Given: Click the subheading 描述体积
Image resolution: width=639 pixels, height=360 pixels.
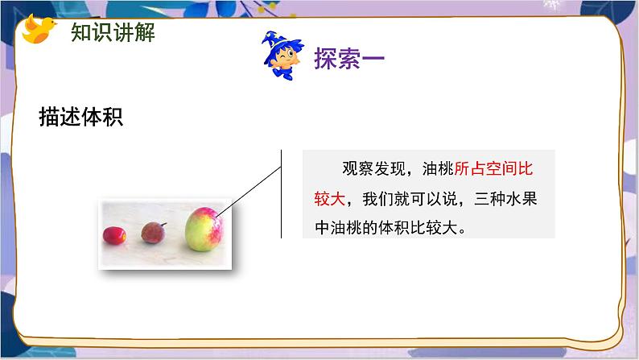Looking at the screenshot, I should tap(80, 117).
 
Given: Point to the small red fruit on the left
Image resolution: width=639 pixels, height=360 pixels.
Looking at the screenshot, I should tap(113, 234).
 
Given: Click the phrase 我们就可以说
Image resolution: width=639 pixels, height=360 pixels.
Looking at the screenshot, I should tap(410, 197).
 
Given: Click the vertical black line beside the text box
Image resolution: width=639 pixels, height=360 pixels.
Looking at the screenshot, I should tap(282, 193).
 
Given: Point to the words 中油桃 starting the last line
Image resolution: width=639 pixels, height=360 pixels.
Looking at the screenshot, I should tap(339, 226).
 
